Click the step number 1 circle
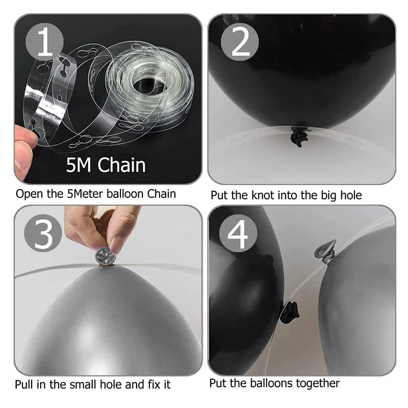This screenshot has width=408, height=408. tap(45, 43)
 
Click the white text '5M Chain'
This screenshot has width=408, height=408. tap(106, 165)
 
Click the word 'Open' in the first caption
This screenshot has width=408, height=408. tap(28, 194)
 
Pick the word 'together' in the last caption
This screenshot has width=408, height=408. tap(317, 383)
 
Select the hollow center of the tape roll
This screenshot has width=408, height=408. tap(148, 81)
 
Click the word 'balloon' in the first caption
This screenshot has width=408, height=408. tap(126, 194)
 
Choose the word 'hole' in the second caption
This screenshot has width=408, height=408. tap(350, 195)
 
